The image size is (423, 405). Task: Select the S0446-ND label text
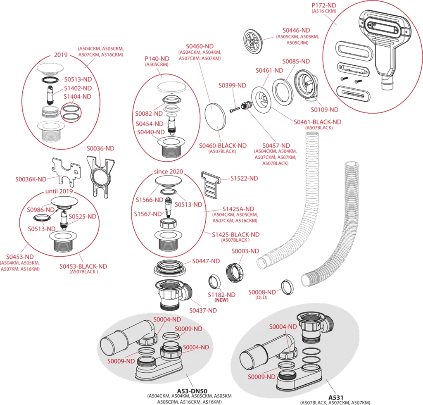tap(297, 30)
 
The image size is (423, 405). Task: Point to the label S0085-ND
tap(296, 61)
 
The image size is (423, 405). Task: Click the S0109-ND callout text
tap(324, 110)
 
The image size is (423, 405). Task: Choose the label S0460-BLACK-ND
tap(223, 145)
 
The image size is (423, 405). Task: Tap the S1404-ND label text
tap(78, 96)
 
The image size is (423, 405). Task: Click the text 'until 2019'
tap(58, 191)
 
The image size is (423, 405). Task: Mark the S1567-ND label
tap(147, 214)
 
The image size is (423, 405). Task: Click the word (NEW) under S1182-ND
tap(221, 300)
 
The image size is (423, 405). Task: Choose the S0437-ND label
tap(203, 310)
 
